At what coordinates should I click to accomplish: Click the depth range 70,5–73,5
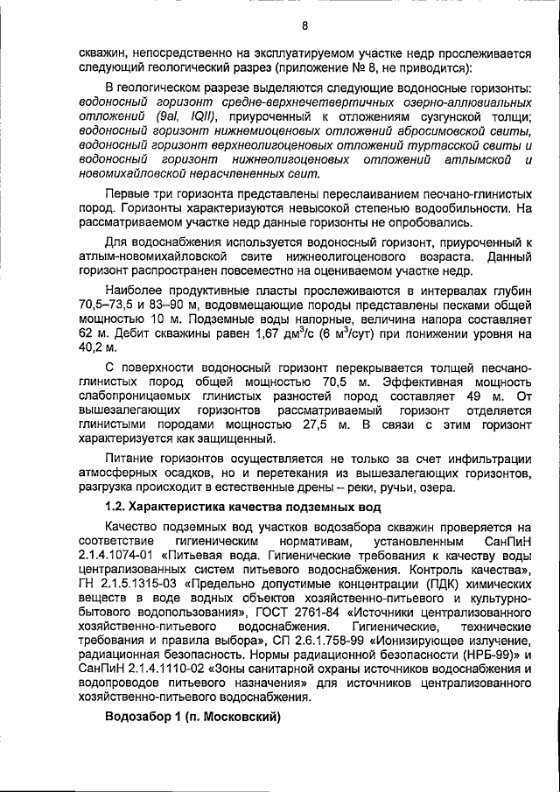click(109, 302)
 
